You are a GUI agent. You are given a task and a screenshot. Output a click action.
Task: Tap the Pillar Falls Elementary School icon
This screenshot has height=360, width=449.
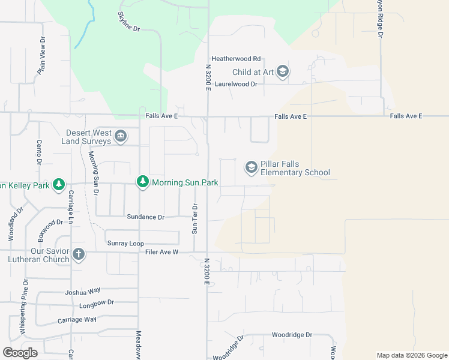click(x=251, y=167)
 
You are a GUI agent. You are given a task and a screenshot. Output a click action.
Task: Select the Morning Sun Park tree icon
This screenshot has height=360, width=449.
click(x=142, y=182)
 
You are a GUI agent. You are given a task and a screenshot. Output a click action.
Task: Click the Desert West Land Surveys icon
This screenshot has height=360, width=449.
click(x=121, y=136)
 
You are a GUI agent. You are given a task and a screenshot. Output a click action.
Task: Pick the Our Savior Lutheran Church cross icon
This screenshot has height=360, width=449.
click(x=78, y=254)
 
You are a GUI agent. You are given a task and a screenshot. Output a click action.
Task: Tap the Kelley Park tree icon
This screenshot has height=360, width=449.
click(x=58, y=185)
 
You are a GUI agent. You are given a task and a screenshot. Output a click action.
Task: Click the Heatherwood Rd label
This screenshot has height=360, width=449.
click(x=236, y=59)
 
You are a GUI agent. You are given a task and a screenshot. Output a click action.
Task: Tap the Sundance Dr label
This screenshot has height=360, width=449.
click(x=145, y=217)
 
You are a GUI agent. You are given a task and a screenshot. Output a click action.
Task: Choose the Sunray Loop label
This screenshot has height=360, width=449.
click(x=125, y=243)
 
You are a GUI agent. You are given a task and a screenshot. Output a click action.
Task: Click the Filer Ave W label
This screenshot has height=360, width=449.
click(x=162, y=252)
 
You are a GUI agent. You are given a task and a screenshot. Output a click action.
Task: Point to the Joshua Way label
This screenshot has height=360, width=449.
click(x=83, y=292)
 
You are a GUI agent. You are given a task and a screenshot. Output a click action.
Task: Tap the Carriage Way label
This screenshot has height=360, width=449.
click(x=77, y=319)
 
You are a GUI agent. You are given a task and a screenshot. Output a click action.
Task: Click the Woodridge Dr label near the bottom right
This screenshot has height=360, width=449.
click(x=292, y=335)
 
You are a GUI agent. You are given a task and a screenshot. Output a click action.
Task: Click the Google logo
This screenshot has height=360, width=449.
click(x=20, y=353)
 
